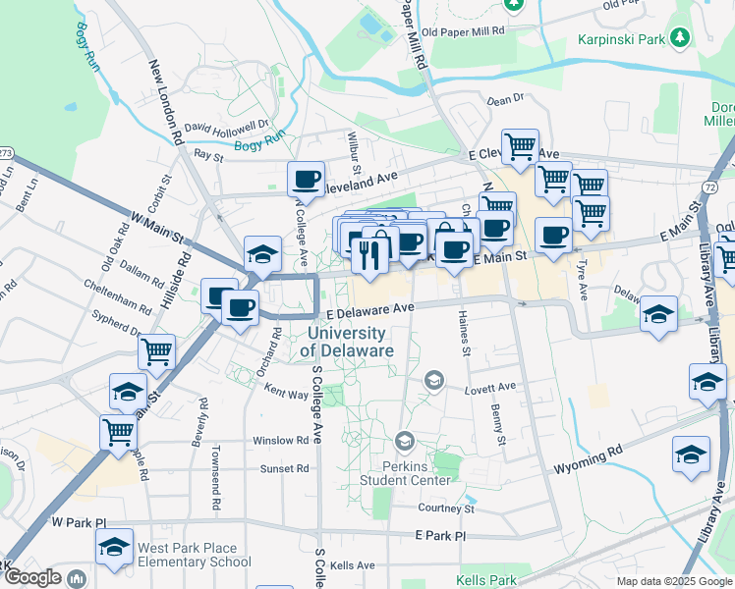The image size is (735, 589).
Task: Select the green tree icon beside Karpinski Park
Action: click(x=679, y=38)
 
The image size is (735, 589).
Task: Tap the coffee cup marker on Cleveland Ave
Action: click(x=306, y=180)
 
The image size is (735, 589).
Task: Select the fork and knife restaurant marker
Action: click(x=368, y=255)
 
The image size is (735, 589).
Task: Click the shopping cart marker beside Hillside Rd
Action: click(x=156, y=350)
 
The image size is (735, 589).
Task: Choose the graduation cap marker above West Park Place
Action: click(x=115, y=546)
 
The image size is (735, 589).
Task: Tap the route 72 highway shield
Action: click(x=709, y=186)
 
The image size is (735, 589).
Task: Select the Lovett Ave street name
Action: click(x=489, y=389)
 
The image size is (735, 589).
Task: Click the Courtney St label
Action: click(x=446, y=509)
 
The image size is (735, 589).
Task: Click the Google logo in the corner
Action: click(x=32, y=577)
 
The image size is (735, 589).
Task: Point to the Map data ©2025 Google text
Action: click(x=673, y=581)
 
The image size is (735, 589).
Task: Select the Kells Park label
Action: click(x=486, y=580)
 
